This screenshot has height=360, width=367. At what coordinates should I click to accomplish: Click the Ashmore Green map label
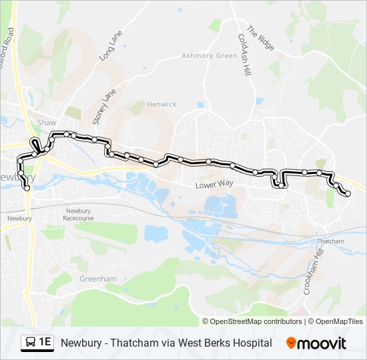[210, 56]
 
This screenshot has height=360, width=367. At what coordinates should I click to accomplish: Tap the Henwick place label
[162, 105]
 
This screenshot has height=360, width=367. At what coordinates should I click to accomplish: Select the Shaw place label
[47, 123]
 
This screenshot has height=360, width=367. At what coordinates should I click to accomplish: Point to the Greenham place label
[93, 279]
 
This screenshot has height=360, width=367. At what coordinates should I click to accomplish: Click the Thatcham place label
[330, 241]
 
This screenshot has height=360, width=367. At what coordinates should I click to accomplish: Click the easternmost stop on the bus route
[348, 193]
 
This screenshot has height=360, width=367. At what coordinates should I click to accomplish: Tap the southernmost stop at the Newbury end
[27, 189]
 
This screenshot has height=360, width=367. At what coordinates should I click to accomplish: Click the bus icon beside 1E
[30, 343]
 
